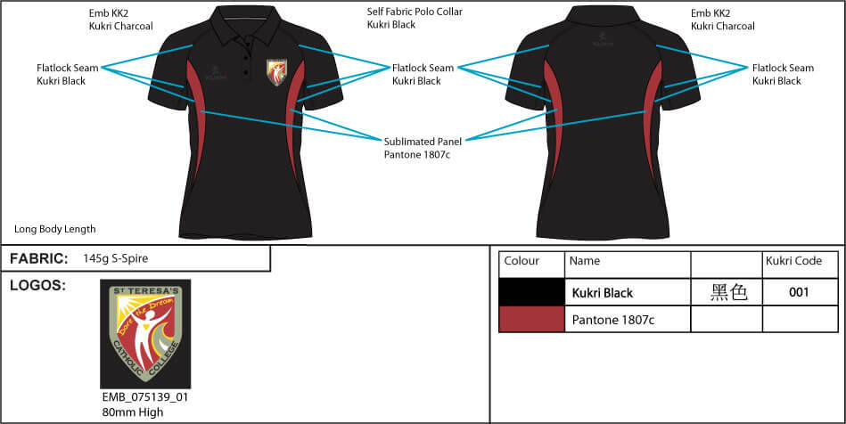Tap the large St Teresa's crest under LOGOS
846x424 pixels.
[x=145, y=333]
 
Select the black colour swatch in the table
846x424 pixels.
[x=531, y=292]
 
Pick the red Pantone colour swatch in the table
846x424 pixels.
[x=531, y=319]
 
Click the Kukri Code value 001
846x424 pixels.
[x=800, y=292]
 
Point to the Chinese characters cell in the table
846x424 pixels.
[x=727, y=292]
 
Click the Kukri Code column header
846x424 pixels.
[x=793, y=262]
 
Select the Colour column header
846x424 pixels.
[x=522, y=262]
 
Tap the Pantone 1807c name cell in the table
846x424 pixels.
[x=613, y=320]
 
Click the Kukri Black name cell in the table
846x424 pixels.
[x=603, y=293]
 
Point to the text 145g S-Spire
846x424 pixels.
[x=116, y=258]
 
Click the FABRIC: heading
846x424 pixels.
[x=39, y=258]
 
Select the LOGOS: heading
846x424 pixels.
[x=38, y=285]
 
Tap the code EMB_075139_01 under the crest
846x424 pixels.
[x=145, y=397]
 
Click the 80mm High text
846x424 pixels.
[x=133, y=412]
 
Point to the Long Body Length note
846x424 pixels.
[x=55, y=229]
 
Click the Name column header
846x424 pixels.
[x=585, y=262]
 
